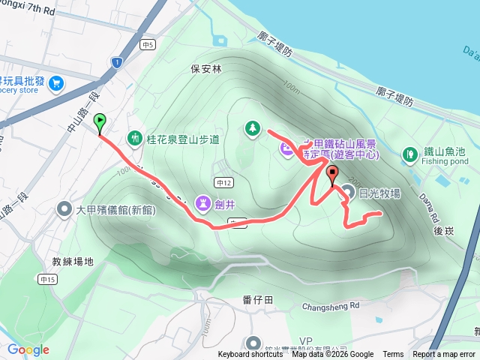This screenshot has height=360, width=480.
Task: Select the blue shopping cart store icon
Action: (56, 85)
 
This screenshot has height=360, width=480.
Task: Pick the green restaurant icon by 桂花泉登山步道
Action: (135, 138)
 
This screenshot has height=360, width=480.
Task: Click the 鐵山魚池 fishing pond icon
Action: (409, 154)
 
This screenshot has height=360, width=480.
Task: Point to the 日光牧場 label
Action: (379, 193)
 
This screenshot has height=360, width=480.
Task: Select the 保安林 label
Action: (206, 69)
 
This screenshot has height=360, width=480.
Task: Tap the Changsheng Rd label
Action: (331, 306)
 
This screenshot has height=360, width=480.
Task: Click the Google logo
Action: (28, 349)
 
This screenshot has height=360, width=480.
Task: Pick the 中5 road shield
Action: (148, 45)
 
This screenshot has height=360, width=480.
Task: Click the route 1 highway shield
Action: (116, 61)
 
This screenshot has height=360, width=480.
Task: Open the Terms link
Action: (393, 355)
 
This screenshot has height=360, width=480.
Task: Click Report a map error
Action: (445, 355)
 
